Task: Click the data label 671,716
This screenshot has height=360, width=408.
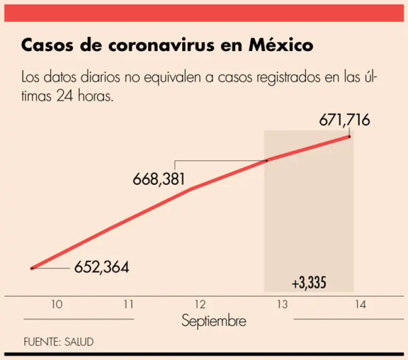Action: (x=344, y=120)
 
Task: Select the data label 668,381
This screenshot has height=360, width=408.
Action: (x=159, y=179)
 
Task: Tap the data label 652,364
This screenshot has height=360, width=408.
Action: (x=101, y=267)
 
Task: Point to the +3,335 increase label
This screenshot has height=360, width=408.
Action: (x=309, y=283)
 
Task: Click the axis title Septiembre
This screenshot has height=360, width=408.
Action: (x=214, y=321)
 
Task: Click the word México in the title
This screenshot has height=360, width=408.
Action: (x=281, y=46)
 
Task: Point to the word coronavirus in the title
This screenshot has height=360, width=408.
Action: (x=173, y=46)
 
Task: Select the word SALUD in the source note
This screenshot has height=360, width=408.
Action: (x=79, y=341)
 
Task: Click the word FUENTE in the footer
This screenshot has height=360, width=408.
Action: (x=41, y=341)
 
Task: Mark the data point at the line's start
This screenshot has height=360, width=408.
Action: (x=32, y=268)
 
